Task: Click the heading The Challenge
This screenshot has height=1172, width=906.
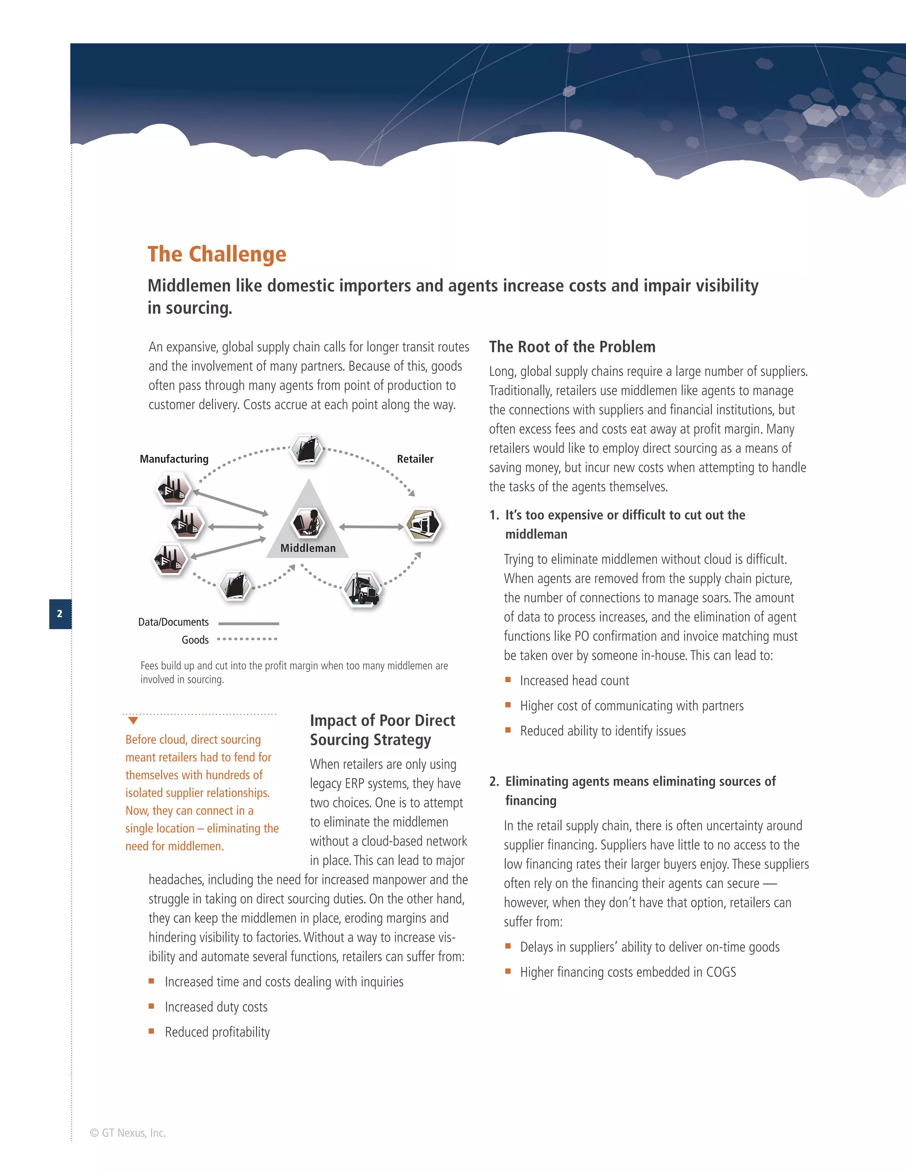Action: (x=217, y=254)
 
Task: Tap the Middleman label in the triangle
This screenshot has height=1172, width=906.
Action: (x=307, y=548)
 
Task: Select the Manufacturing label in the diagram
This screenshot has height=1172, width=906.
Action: (x=174, y=459)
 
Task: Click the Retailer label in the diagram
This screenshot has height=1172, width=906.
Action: (x=415, y=459)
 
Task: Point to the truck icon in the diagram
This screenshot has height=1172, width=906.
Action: (x=362, y=589)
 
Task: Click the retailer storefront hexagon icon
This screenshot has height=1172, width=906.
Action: (x=423, y=524)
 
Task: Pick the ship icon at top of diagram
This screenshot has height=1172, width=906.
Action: (x=307, y=449)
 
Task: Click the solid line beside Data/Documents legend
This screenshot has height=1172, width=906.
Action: (x=249, y=624)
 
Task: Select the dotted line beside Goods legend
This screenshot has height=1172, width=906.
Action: (x=247, y=639)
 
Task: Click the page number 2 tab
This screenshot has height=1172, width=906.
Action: (x=60, y=613)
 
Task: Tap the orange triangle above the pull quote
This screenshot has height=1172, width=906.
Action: (x=133, y=721)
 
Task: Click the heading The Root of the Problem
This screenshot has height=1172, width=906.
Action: (x=572, y=347)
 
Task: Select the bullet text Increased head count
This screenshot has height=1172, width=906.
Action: (x=574, y=681)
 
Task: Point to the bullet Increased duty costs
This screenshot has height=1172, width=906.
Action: (x=216, y=1007)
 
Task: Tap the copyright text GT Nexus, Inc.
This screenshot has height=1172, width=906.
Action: (x=128, y=1133)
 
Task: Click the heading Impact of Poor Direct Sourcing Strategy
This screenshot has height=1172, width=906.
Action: (x=382, y=730)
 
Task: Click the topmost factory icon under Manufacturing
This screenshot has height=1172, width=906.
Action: (x=173, y=488)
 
